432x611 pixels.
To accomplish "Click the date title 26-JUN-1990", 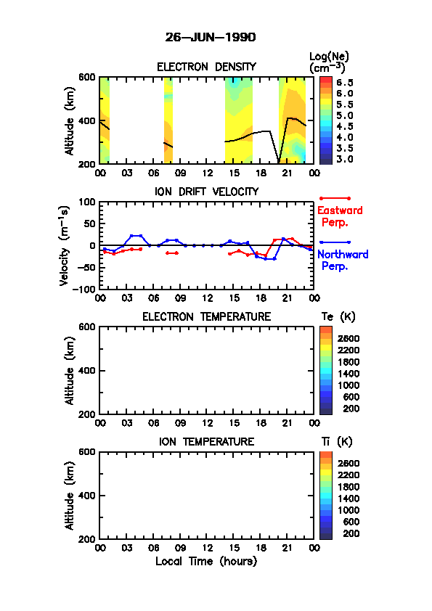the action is click(211, 38).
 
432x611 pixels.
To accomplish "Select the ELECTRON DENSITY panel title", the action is click(206, 67).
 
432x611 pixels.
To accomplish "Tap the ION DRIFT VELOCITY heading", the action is click(206, 192).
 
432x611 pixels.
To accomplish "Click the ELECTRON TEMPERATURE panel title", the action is click(206, 317).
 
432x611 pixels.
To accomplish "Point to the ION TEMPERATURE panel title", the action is click(206, 441).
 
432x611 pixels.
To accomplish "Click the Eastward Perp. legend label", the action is click(340, 216).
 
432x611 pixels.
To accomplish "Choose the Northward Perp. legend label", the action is click(342, 261).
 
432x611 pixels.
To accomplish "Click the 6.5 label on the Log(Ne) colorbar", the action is click(345, 83).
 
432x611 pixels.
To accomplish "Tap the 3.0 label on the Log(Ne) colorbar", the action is click(345, 159).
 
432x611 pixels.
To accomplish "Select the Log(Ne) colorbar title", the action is click(329, 62).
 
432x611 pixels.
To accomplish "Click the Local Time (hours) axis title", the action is click(206, 562).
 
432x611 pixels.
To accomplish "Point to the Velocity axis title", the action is click(65, 246).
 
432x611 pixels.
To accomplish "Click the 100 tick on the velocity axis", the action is click(87, 202).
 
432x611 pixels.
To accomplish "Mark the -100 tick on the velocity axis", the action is click(84, 289).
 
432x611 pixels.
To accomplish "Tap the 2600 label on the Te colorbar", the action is click(349, 339).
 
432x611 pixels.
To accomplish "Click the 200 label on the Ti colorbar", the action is click(351, 533).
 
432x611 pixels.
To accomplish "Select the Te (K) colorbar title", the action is click(338, 317).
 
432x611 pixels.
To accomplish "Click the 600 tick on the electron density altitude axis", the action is click(87, 77).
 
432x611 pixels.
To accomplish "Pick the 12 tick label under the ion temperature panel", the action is click(208, 548).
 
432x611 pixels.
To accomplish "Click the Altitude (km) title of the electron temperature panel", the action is click(70, 371).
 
